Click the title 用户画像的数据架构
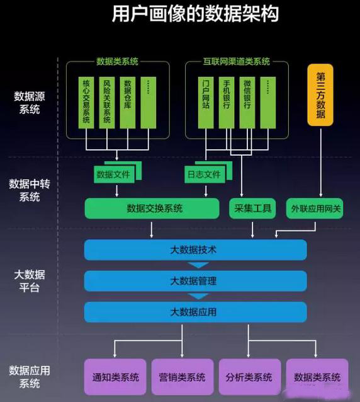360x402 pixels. coord(195,14)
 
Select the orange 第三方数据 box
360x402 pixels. coord(320,95)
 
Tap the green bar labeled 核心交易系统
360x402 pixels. coord(86,103)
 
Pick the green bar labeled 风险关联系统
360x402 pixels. coord(107,103)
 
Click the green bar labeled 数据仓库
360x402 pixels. coord(128,103)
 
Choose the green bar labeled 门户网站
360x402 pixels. coord(206,103)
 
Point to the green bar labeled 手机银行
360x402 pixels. coord(227,103)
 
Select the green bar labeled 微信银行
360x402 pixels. coord(247,103)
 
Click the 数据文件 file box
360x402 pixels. coord(114,175)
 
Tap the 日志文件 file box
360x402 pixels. coord(205,175)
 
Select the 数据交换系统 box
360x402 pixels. coord(152,208)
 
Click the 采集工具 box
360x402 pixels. coord(252,208)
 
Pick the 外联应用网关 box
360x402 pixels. coord(315,208)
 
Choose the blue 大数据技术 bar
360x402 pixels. coord(196,250)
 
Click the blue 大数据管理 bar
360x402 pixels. coord(196,281)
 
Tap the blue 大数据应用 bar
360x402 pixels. coord(196,312)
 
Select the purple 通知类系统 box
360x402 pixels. coord(115,377)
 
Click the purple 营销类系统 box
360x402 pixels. coord(183,377)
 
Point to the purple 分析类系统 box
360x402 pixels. coord(250,377)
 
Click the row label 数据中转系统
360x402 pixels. coord(30,190)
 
